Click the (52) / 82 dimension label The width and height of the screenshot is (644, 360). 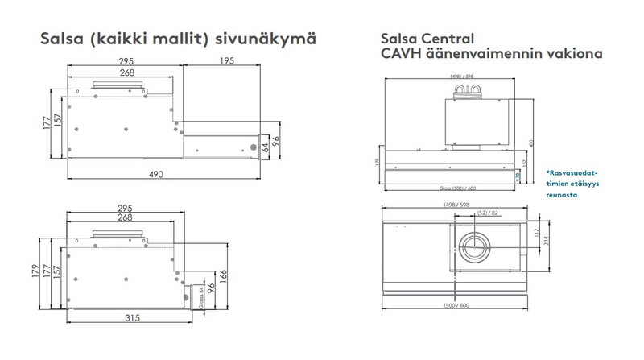pos(486,212)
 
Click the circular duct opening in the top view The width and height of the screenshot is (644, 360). pos(473,250)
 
